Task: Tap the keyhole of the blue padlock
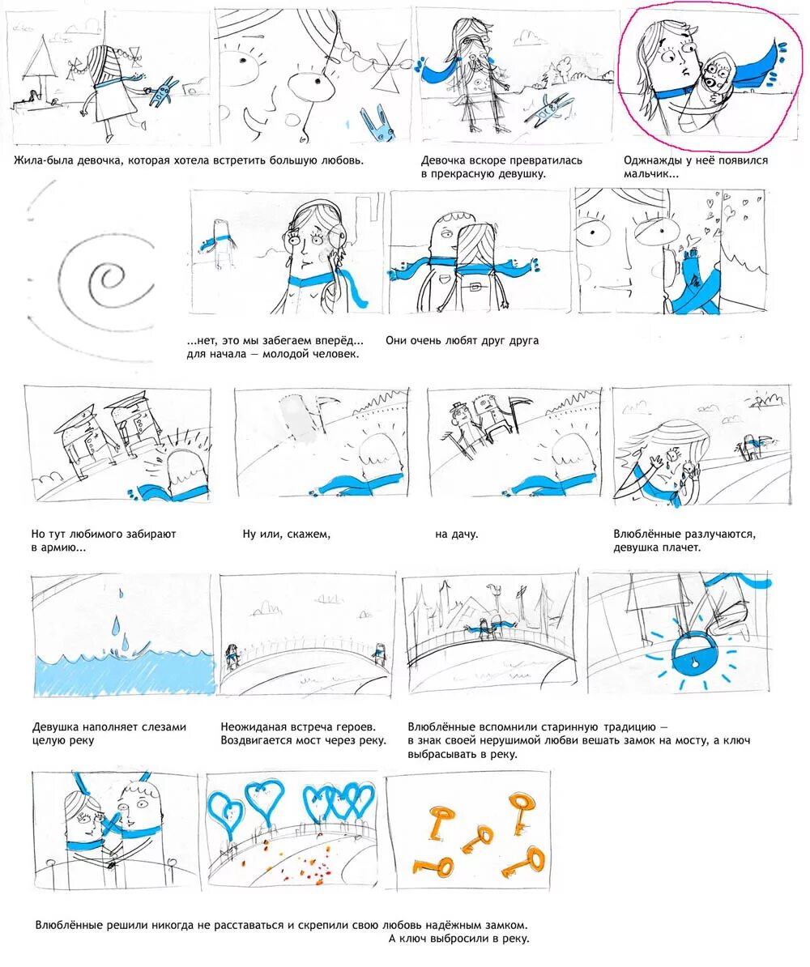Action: point(695,664)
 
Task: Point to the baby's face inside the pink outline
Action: point(716,74)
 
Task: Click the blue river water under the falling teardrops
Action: point(123,675)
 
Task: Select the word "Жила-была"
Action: point(42,160)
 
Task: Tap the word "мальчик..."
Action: point(651,174)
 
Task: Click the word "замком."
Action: point(507,926)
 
